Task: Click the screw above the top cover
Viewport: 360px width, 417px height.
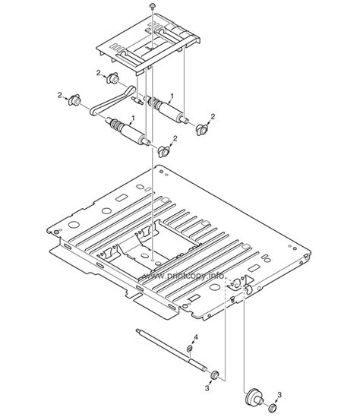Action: (153, 6)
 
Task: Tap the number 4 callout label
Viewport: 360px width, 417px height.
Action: (195, 336)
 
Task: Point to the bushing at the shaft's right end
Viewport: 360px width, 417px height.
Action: (215, 374)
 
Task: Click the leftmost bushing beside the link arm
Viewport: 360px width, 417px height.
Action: (75, 101)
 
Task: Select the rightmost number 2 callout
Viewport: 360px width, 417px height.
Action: (213, 115)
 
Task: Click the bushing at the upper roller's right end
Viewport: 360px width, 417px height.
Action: (201, 127)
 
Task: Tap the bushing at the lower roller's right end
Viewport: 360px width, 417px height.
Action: (163, 148)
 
